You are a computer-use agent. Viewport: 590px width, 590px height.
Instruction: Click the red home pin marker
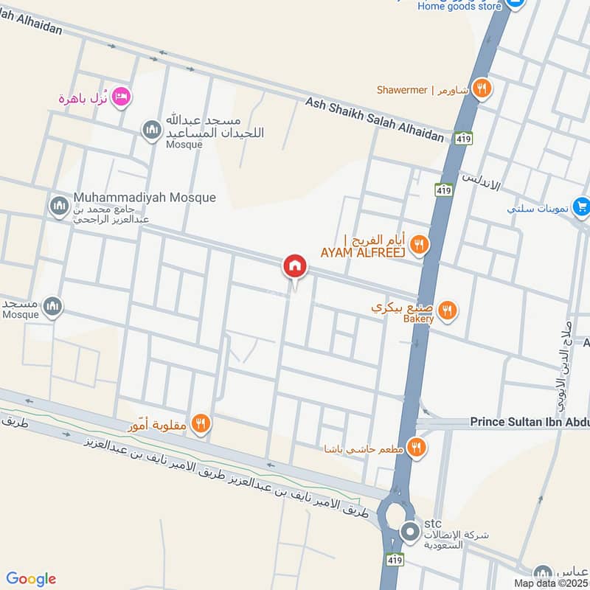(294, 265)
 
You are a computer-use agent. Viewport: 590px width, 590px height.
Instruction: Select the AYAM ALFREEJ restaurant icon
(419, 245)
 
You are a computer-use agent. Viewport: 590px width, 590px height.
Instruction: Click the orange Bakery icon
(447, 311)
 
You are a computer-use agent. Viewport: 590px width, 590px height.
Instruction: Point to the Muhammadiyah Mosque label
(145, 198)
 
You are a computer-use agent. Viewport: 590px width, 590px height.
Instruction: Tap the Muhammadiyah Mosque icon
(59, 206)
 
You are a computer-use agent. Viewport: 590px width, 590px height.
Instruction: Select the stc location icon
(409, 531)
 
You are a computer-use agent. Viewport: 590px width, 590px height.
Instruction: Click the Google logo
(30, 579)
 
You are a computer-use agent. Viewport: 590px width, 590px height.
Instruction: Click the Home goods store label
(459, 6)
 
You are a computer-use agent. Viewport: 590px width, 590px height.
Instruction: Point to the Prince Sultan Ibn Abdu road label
(530, 423)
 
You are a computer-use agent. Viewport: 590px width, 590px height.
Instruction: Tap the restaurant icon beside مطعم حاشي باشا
(417, 447)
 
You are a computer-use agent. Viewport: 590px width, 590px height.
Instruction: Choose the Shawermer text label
(402, 90)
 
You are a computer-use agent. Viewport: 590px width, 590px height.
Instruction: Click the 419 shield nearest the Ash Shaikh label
(464, 138)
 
